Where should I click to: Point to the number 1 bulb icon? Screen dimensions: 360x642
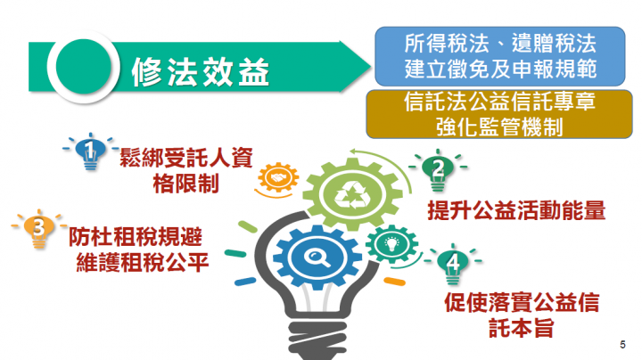[88, 152]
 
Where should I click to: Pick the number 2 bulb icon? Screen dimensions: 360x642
[437, 170]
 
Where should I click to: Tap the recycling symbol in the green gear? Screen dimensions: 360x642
[347, 191]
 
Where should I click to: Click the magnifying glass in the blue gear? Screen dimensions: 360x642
[316, 260]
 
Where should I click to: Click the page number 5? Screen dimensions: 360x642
[621, 342]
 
